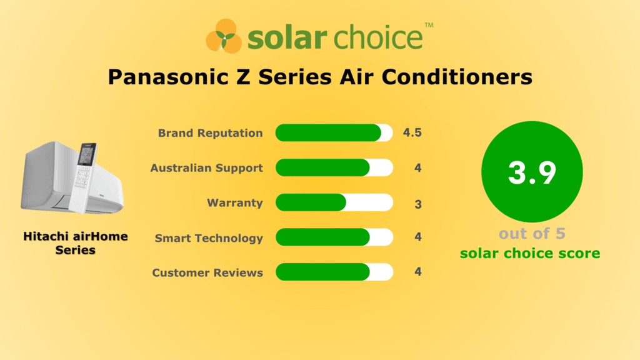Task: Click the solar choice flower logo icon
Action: click(224, 36)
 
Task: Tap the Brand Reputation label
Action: click(210, 133)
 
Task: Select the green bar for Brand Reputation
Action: click(328, 133)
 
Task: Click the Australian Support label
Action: click(206, 168)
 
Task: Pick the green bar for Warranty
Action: click(311, 203)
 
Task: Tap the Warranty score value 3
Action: click(417, 203)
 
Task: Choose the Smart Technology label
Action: click(209, 238)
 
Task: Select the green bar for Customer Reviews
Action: click(322, 272)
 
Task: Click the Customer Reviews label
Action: click(207, 272)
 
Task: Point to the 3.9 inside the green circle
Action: click(532, 172)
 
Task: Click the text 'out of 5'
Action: click(532, 234)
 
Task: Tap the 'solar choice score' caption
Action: click(530, 253)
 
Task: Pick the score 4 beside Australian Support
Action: click(417, 168)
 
